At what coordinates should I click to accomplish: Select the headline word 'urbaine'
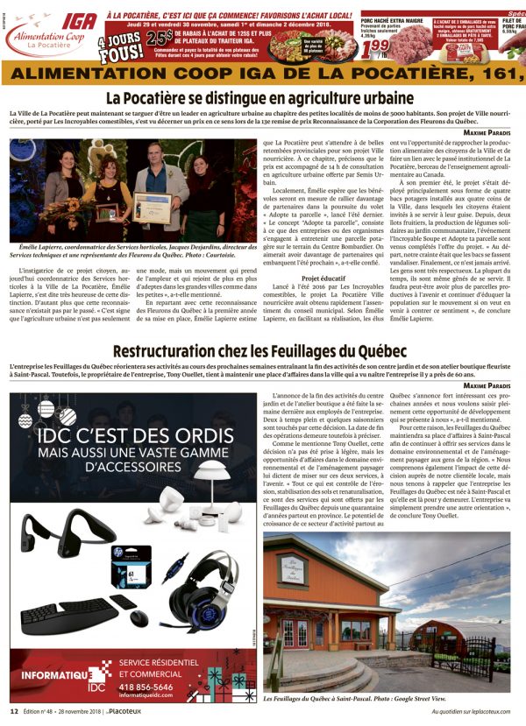tap(383, 98)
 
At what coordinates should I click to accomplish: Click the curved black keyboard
tap(68, 616)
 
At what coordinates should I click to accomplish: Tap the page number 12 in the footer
tap(14, 713)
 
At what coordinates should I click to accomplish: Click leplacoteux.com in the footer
tap(489, 713)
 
